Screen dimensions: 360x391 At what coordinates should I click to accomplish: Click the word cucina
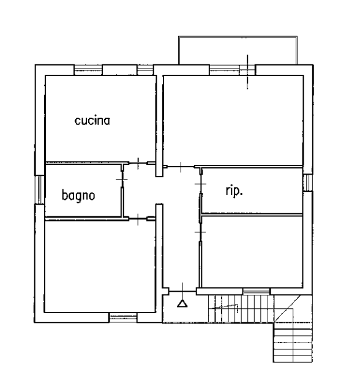92,121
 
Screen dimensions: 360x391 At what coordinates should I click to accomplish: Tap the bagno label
78,195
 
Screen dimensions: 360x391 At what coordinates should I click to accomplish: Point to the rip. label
234,191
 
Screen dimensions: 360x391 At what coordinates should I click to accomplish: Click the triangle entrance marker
182,303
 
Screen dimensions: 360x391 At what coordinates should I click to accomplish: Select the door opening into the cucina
138,164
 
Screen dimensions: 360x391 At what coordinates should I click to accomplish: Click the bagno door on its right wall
122,179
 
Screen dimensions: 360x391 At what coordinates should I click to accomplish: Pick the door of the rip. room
200,184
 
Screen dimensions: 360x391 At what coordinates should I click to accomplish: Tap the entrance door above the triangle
182,291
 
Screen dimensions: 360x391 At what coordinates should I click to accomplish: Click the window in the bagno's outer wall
39,189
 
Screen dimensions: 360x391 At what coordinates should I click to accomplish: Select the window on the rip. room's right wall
308,183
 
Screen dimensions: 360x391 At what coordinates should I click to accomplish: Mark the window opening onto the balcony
232,70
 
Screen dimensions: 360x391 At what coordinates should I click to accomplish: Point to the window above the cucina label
88,70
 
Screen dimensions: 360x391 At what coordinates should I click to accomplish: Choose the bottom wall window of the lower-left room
123,317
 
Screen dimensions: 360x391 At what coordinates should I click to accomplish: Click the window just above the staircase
257,291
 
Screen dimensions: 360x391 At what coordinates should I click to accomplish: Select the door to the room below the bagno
138,219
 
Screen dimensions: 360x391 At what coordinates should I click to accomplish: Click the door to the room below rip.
200,232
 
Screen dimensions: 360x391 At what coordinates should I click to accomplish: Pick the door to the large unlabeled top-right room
181,166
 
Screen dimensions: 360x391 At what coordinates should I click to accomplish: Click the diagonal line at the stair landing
287,309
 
